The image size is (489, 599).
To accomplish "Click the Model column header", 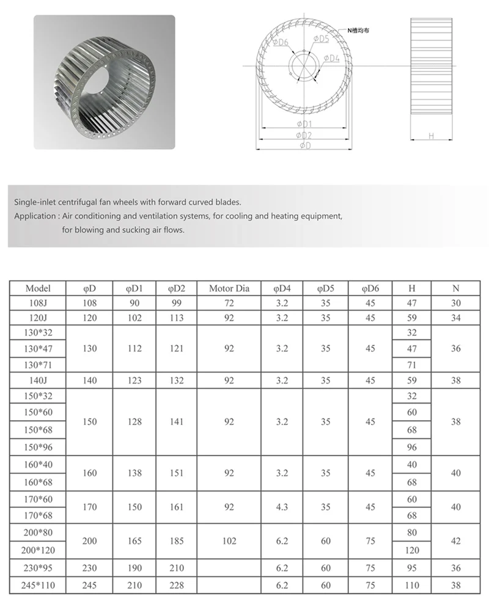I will (38, 288).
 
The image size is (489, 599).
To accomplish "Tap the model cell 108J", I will (38, 303).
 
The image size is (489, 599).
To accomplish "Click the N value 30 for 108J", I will (456, 303).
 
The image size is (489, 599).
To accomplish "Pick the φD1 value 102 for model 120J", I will (135, 318).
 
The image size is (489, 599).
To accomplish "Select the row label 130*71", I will (38, 365).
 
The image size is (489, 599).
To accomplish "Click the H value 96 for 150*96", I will (412, 448).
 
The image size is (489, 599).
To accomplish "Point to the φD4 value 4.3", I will (282, 507).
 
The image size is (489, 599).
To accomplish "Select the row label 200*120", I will (38, 550).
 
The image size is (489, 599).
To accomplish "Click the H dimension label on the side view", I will (431, 136).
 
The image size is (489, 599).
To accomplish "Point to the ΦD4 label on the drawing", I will (331, 59).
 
